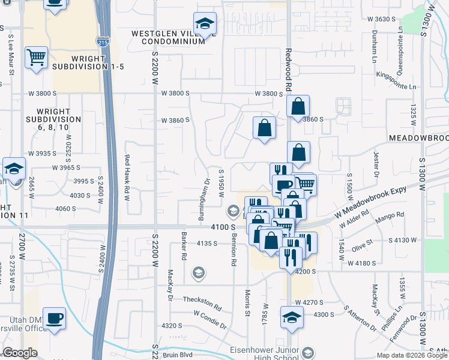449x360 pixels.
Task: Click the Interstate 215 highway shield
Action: coord(102,42)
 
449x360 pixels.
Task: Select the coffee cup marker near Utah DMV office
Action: coord(55,318)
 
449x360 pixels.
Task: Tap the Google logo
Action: coord(20,353)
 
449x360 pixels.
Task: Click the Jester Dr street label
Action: coord(377,164)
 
